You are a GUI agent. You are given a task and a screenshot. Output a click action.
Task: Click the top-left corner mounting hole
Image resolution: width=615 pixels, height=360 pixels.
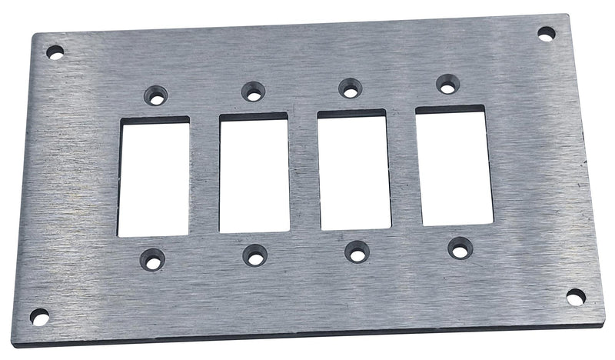(x=55, y=52)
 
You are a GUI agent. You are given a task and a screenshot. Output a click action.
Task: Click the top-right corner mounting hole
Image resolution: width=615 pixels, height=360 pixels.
(x=546, y=34)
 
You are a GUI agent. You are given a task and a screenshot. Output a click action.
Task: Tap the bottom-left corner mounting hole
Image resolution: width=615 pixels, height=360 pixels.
(x=39, y=316)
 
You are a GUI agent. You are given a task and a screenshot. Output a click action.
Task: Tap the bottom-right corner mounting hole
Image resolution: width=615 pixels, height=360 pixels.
(x=575, y=296)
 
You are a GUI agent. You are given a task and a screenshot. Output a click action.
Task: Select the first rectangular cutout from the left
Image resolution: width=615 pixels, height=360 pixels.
(x=154, y=177)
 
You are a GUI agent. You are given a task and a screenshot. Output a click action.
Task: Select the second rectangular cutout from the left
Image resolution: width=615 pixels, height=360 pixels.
(x=254, y=173)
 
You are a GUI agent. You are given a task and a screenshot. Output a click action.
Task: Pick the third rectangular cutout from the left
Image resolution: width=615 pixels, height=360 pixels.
(x=354, y=170)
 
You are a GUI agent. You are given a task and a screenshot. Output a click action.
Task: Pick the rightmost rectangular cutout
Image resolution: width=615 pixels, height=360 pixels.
(x=454, y=166)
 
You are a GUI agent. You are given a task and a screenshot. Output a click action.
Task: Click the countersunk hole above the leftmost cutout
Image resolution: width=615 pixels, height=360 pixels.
(x=156, y=95)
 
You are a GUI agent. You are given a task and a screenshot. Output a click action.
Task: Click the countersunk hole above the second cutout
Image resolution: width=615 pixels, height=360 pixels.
(x=253, y=92)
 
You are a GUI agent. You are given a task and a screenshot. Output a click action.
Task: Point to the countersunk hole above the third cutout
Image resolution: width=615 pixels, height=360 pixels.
(x=350, y=88)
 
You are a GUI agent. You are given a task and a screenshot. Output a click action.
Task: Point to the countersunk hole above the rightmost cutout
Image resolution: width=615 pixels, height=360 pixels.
(x=446, y=84)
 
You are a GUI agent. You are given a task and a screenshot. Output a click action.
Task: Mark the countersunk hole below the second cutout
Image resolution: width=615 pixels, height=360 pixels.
(x=254, y=255)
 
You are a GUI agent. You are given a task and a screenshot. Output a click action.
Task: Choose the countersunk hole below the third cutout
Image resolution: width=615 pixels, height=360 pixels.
(x=357, y=252)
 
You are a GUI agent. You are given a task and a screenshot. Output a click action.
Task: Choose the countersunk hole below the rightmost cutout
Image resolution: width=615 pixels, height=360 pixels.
(x=459, y=248)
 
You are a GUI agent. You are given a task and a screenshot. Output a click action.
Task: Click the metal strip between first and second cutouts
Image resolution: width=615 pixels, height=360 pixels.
(x=204, y=175)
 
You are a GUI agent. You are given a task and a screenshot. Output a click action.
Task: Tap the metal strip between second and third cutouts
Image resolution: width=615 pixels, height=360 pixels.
(x=304, y=172)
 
